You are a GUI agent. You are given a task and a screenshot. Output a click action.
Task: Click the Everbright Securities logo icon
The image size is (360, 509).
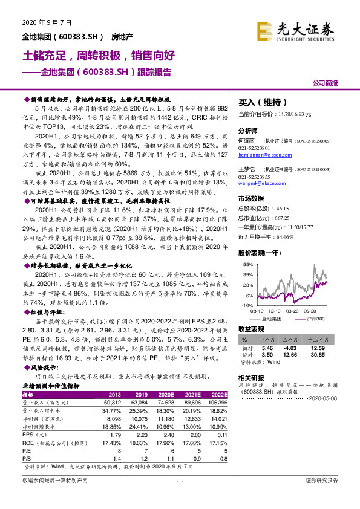(264, 30)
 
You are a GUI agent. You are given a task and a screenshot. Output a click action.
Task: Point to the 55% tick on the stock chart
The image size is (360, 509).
(247, 265)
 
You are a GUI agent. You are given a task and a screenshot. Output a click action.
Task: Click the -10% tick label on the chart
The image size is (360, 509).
(247, 305)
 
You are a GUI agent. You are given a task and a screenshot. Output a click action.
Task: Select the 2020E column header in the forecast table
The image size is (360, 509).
(164, 394)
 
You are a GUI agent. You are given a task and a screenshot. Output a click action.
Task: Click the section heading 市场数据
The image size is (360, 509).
(252, 198)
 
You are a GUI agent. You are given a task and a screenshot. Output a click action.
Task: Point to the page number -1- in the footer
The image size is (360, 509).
(179, 497)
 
